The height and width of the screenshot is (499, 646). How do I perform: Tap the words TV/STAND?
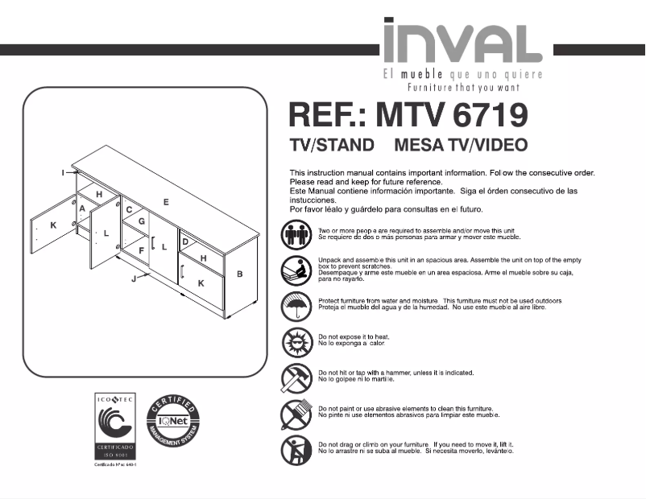click(x=332, y=146)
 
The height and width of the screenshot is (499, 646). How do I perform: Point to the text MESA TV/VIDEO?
click(x=462, y=146)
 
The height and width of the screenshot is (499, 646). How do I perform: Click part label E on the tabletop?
click(x=166, y=202)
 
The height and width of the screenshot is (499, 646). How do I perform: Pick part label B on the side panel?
click(x=239, y=274)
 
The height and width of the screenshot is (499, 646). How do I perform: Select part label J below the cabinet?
click(x=134, y=279)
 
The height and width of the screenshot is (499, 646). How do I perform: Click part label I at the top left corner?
click(x=63, y=172)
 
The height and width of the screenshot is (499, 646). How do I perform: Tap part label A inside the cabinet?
click(x=82, y=209)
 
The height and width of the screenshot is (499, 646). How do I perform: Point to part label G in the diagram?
click(x=141, y=221)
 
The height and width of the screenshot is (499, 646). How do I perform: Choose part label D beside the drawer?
click(x=185, y=241)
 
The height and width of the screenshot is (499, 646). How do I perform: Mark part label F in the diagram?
click(x=141, y=251)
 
